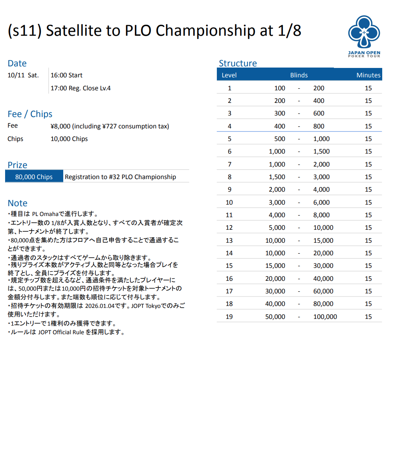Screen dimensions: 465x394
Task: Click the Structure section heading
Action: (x=238, y=64)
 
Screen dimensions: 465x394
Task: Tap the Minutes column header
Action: (x=368, y=75)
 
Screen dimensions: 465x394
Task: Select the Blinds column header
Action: (x=299, y=75)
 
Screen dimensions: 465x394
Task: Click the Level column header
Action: (x=229, y=75)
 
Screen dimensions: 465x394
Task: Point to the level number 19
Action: (x=229, y=317)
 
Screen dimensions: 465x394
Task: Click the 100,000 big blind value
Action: (x=325, y=317)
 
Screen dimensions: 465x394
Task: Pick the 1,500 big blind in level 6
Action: (x=321, y=152)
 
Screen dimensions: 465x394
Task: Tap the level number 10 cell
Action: (x=229, y=202)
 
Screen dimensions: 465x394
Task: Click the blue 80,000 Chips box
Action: (x=34, y=177)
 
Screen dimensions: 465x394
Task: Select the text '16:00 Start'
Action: (x=66, y=75)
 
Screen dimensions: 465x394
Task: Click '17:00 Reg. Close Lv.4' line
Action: (x=81, y=88)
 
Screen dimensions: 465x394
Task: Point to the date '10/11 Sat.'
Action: (x=23, y=75)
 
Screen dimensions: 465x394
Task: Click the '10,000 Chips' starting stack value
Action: (x=69, y=139)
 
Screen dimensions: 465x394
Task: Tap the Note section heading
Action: (x=18, y=203)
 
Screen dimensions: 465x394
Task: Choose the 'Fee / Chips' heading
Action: (x=30, y=114)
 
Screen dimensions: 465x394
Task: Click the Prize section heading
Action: (x=18, y=165)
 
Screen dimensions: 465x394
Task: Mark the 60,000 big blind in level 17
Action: (x=323, y=291)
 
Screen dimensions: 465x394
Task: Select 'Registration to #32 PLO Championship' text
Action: (x=120, y=177)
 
